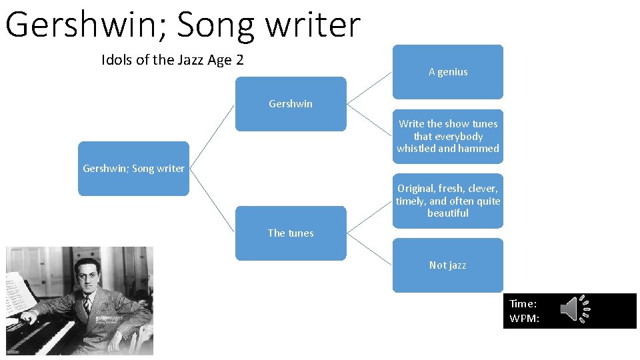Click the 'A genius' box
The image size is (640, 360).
447,72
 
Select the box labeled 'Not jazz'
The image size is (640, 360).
447,265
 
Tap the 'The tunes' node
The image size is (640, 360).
291,233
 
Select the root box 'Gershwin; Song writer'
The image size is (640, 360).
133,169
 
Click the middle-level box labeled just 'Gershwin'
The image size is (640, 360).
291,104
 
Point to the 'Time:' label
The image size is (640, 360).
523,303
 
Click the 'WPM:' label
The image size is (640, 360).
525,318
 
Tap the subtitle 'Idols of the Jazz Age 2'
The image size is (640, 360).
173,60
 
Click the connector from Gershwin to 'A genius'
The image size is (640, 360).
369,88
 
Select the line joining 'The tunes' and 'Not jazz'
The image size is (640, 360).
369,249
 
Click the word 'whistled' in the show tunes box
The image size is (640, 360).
416,149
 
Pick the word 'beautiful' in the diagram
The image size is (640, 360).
447,213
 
